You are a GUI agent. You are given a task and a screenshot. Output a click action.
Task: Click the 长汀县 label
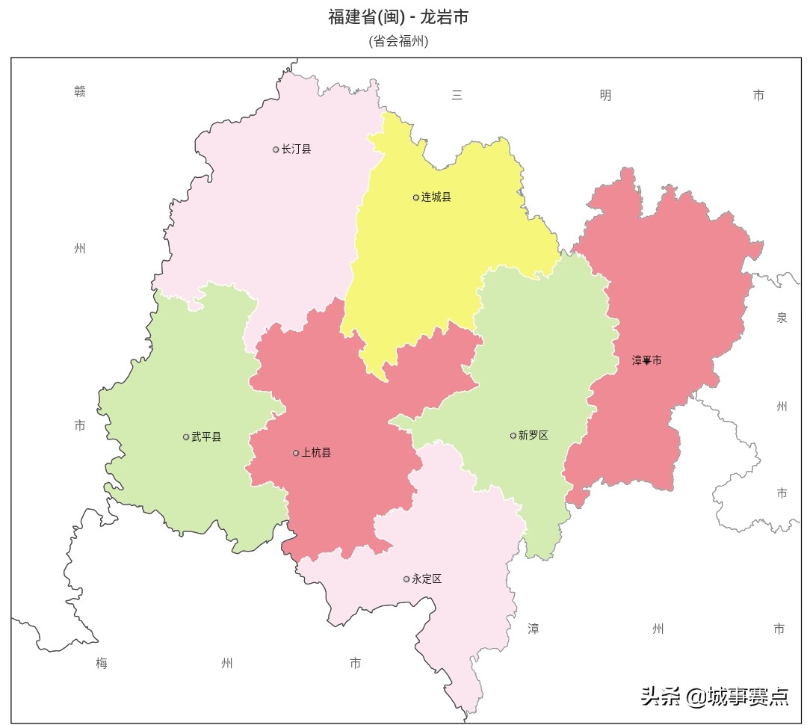(x=296, y=149)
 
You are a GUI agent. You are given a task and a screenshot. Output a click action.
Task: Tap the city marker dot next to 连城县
(x=416, y=197)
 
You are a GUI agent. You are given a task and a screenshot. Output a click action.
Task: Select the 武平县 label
(x=206, y=437)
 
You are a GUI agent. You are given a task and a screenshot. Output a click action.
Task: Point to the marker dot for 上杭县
(x=296, y=453)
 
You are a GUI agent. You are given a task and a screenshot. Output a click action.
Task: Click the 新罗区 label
(x=534, y=436)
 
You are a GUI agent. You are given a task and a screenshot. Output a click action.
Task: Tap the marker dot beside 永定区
(x=406, y=579)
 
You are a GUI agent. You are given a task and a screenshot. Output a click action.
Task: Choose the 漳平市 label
(x=647, y=360)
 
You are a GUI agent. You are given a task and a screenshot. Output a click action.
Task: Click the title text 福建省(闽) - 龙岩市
(x=398, y=17)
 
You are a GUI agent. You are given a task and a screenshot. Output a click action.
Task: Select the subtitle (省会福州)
(x=398, y=41)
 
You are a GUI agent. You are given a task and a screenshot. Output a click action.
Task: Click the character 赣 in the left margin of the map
(x=80, y=92)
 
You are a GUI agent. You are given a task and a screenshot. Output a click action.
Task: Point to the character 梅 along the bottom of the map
(x=102, y=663)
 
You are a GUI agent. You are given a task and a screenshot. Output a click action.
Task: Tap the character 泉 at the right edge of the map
(x=782, y=318)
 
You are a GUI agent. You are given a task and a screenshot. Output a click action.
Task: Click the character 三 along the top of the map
(x=457, y=95)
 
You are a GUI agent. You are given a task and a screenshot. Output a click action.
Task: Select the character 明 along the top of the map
(x=605, y=95)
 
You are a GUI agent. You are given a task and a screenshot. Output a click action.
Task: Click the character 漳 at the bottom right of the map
(x=534, y=629)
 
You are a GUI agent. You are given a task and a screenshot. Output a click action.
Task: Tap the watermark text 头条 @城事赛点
(x=714, y=697)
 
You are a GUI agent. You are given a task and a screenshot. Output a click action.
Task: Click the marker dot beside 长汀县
(x=276, y=149)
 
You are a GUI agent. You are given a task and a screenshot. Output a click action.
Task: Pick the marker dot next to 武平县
(x=186, y=437)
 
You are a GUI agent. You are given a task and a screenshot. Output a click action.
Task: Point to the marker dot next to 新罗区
(x=513, y=436)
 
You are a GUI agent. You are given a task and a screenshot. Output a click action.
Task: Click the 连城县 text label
(x=436, y=197)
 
